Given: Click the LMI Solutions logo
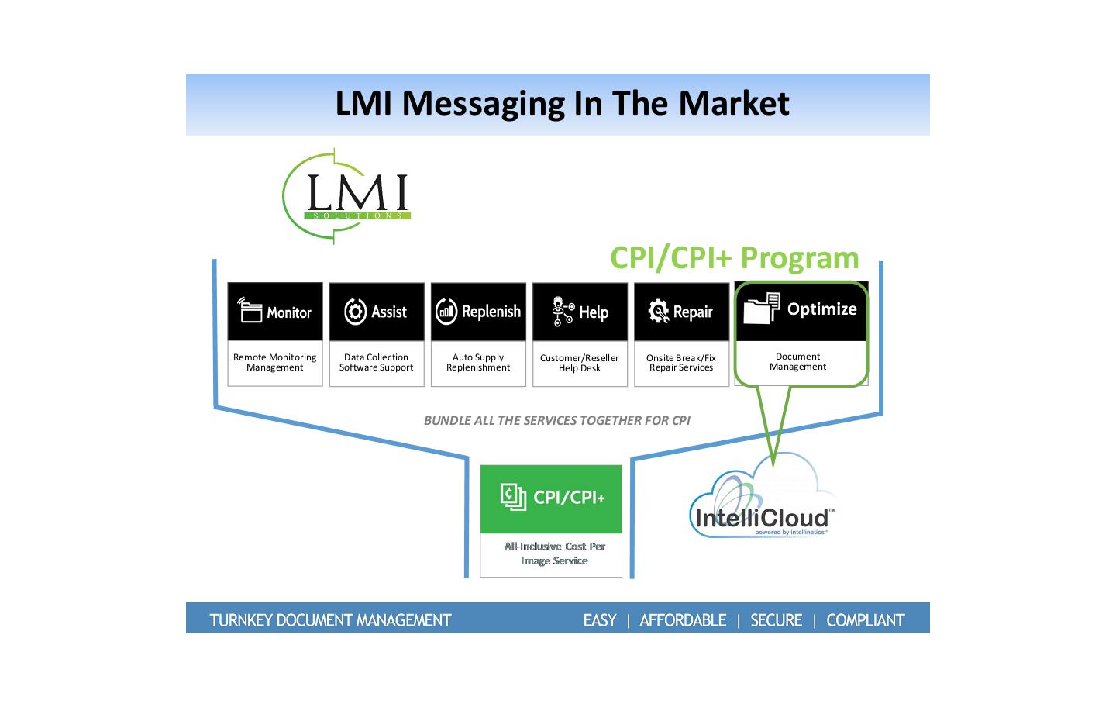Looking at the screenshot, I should point(347,197).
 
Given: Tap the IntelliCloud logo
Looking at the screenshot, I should point(763,502).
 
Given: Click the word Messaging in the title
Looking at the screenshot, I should point(481,104).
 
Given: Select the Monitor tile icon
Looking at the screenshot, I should point(250,310).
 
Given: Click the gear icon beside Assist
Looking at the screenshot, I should point(355,312).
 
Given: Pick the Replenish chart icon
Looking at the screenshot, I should point(446,312).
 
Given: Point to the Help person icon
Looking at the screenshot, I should point(562,312).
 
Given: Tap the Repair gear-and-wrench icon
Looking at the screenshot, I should point(658,312).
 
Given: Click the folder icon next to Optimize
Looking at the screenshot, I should point(761,309).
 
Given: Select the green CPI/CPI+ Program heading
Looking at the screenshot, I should point(734,257).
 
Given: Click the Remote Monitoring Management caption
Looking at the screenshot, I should point(275,362).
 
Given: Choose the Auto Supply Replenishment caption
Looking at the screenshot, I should point(478,362).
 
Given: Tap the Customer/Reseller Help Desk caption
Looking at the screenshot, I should point(580,363).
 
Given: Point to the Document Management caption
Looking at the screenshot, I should point(797,362).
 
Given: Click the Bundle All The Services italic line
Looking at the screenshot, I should point(556,421).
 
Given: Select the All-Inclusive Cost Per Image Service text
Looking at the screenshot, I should point(554,554).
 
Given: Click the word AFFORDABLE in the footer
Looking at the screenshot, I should point(683,620).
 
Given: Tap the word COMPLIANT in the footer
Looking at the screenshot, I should point(865,620).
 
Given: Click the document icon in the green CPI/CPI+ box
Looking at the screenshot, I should point(512,496).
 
